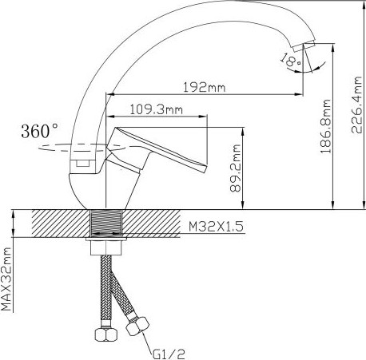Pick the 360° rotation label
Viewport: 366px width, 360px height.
point(38,129)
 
